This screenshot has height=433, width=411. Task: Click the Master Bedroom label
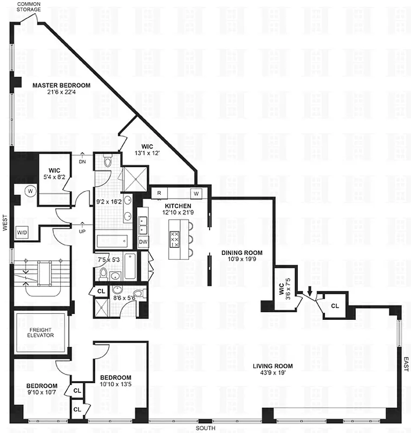click(x=61, y=86)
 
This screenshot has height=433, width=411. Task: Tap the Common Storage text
click(x=29, y=6)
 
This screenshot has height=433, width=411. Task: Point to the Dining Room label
click(x=242, y=253)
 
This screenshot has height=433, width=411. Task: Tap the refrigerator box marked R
click(x=160, y=193)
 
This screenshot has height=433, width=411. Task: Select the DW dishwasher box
click(x=143, y=242)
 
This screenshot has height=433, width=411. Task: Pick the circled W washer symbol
click(x=30, y=191)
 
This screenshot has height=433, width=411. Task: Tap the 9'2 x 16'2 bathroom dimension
click(x=109, y=202)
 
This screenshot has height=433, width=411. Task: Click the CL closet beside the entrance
click(x=335, y=306)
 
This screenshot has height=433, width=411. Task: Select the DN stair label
click(x=82, y=161)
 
